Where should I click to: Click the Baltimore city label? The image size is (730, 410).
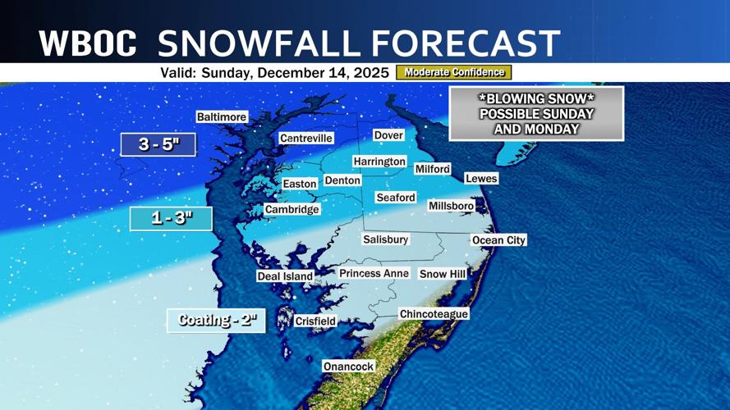pos(222,117)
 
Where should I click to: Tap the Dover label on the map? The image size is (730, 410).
pos(388,134)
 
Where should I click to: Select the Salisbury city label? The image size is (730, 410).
pos(386,239)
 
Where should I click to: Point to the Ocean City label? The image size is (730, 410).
pos(498,240)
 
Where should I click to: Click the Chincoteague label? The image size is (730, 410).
pos(434,314)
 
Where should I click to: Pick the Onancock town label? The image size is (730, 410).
pos(349,367)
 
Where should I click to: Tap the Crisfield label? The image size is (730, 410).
pos(315,321)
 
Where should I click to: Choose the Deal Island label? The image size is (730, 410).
pos(285,276)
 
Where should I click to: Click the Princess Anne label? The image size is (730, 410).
pos(374,273)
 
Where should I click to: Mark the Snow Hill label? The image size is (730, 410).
pos(443,274)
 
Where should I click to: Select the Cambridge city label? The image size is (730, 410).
pos(292,210)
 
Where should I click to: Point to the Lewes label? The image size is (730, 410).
pos(481,178)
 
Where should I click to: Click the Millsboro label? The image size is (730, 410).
pos(452,206)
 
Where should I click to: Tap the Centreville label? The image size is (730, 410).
pos(306,139)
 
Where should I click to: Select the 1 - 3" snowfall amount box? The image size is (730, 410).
pos(172,219)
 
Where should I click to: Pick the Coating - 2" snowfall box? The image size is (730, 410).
pos(217,320)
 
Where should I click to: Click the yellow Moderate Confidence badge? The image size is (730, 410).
pos(454,72)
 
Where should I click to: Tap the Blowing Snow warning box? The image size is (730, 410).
pos(536,113)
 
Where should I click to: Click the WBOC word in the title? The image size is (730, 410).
pos(88,43)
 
